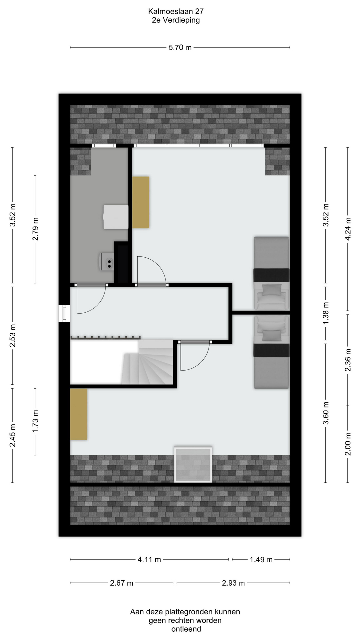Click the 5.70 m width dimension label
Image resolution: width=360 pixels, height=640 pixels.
(180, 47)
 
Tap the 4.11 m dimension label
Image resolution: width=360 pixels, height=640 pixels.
(149, 559)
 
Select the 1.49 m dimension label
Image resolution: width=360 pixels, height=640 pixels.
(261, 559)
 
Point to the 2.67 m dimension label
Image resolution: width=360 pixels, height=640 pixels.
(122, 583)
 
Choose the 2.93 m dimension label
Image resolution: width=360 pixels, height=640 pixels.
(233, 583)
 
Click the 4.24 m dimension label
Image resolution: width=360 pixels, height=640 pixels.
(348, 229)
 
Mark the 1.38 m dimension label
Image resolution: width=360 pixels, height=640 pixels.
(326, 313)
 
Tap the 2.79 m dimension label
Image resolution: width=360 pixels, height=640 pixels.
(35, 229)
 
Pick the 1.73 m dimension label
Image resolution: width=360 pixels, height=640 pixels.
(35, 421)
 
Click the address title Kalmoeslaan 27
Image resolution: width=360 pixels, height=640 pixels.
(176, 11)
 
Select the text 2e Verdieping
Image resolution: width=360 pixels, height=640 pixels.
(176, 20)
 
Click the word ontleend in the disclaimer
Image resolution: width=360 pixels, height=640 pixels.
(186, 629)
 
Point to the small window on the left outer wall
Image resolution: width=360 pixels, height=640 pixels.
(64, 313)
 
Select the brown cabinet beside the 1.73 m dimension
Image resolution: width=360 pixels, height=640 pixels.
(79, 414)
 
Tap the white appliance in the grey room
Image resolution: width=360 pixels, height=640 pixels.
(116, 217)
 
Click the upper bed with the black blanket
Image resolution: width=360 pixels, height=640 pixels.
(272, 273)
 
